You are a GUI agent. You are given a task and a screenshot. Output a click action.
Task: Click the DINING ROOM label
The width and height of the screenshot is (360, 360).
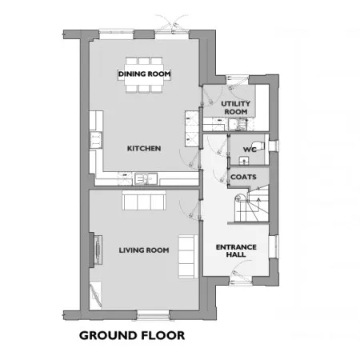point(144,74)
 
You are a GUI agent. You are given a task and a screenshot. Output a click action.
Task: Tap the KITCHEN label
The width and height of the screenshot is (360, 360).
point(144,149)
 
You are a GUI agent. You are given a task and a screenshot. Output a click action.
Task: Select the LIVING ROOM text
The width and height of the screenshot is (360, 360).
point(144,250)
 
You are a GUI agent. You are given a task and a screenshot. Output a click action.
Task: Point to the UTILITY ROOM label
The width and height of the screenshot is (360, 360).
point(236,107)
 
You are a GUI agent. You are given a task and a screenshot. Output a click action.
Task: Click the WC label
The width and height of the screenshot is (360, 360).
point(250,150)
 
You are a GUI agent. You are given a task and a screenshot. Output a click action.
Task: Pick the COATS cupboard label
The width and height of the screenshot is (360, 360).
point(243,177)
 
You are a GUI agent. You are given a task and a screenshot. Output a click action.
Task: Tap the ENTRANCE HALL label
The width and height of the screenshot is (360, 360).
point(236,250)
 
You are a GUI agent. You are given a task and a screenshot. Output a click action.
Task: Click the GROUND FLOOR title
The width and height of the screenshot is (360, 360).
point(132,335)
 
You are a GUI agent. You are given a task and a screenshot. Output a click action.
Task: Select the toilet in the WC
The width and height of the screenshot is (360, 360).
point(260,145)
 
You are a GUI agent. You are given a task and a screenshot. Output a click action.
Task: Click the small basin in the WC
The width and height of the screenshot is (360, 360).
point(244,161)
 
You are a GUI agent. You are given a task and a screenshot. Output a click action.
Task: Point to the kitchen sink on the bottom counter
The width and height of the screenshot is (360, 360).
point(146,178)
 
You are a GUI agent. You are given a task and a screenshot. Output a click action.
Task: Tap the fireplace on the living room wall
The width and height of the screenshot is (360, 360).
point(96,250)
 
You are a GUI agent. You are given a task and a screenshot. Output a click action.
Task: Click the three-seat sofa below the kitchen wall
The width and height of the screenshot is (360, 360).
point(144,200)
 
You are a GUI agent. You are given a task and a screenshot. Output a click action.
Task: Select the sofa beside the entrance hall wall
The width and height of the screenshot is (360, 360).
point(188,257)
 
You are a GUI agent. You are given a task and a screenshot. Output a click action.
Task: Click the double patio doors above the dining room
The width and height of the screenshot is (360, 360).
point(172,26)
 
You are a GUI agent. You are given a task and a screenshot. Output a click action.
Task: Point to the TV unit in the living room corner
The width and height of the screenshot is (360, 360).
point(95,295)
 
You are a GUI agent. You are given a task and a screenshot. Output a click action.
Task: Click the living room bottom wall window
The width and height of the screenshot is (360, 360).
point(154,314)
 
